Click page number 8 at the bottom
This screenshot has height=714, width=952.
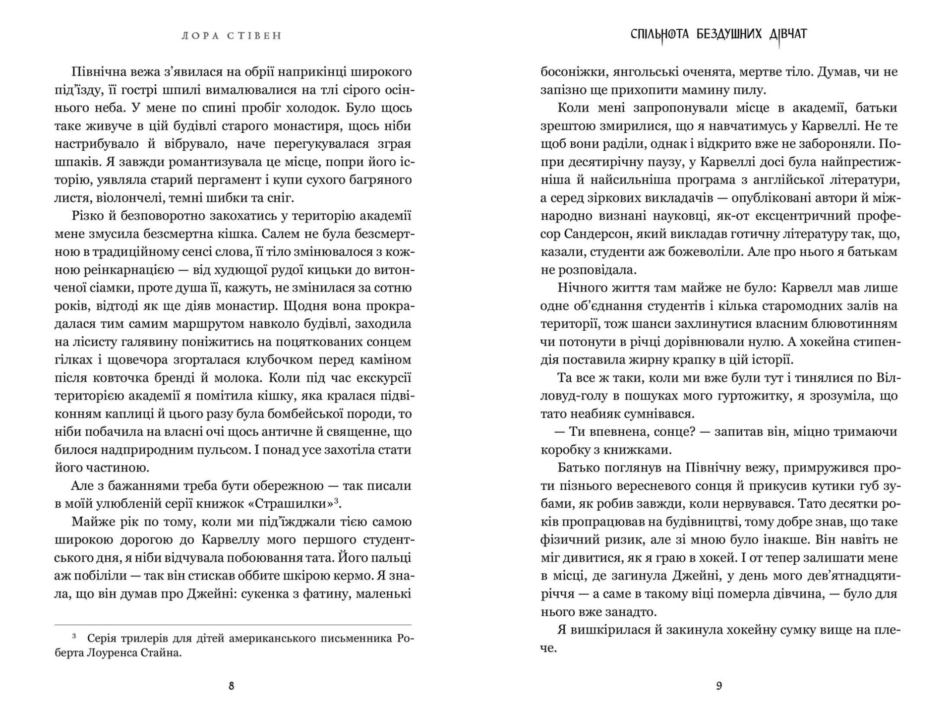coord(232,686)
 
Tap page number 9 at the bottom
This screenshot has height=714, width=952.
coord(719,686)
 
